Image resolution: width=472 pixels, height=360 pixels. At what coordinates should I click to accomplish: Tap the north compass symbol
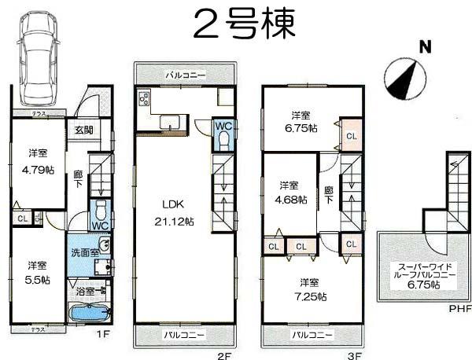pyautogui.click(x=407, y=77)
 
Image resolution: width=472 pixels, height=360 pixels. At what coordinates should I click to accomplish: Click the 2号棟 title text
pyautogui.click(x=243, y=24)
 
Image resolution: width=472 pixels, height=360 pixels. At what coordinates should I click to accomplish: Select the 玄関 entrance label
pyautogui.click(x=83, y=130)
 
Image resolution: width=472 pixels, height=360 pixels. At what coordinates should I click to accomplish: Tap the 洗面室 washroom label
pyautogui.click(x=83, y=252)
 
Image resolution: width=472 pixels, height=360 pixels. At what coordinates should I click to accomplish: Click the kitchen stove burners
pyautogui.click(x=145, y=100)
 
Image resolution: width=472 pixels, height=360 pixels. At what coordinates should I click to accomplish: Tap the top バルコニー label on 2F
pyautogui.click(x=186, y=75)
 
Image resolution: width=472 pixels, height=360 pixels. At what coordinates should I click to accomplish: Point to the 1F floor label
pyautogui.click(x=101, y=333)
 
